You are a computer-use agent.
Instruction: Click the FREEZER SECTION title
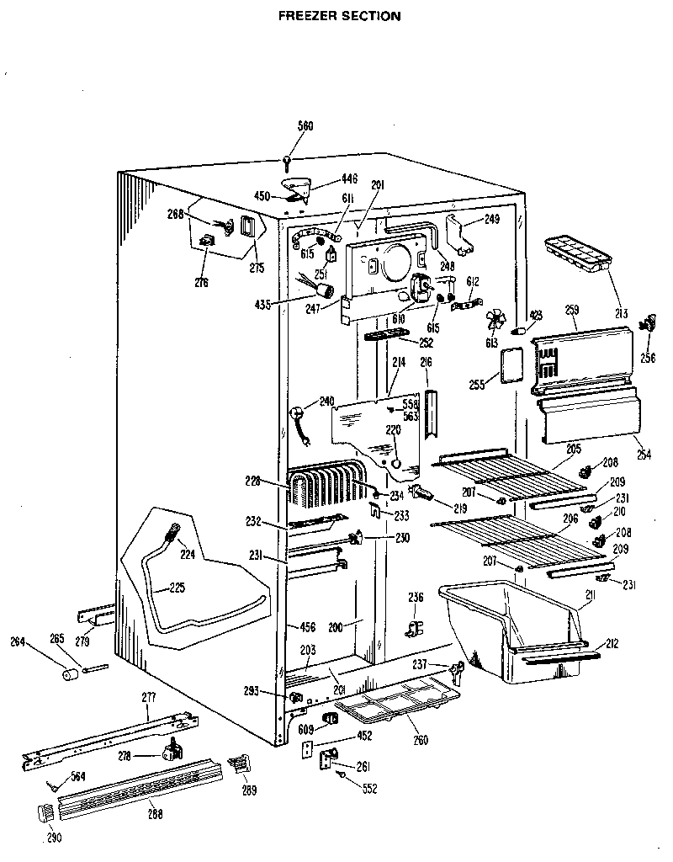tap(339, 15)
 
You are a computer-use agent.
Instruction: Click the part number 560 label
tap(305, 126)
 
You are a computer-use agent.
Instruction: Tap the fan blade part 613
tap(496, 320)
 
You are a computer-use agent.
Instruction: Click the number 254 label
tap(643, 455)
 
